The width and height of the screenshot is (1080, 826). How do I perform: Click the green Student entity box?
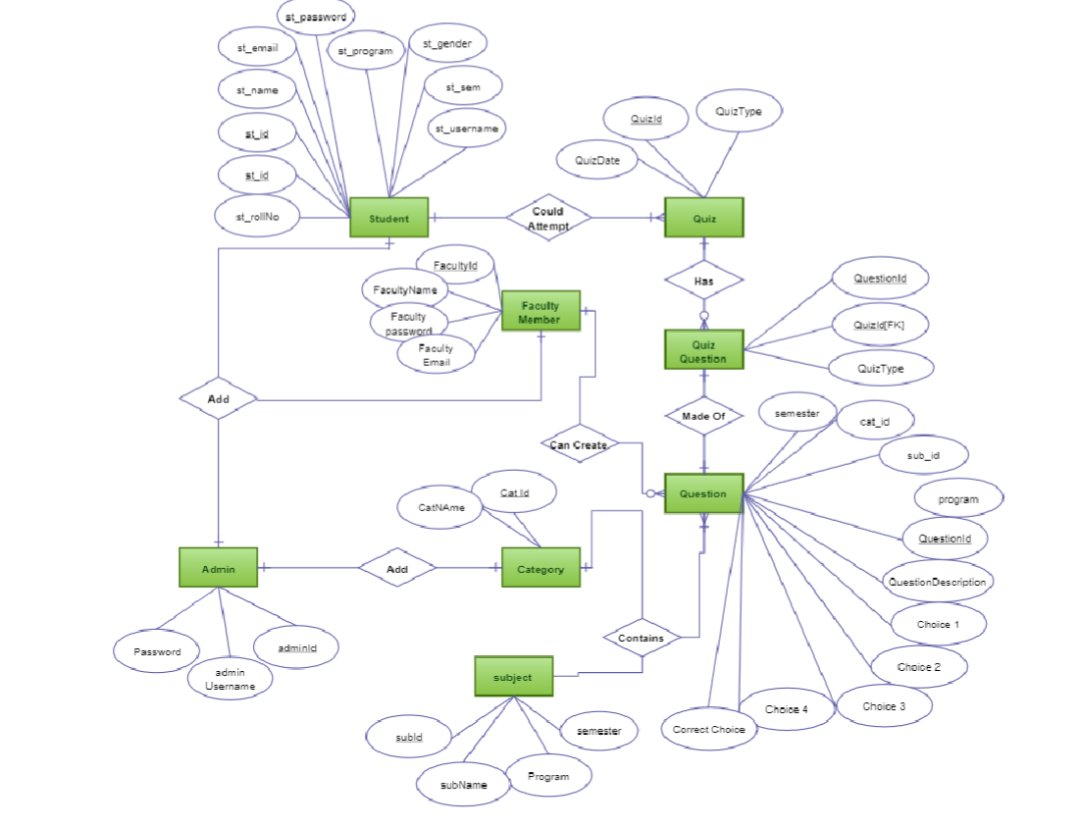click(x=389, y=218)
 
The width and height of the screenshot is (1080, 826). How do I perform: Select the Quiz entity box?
click(x=703, y=218)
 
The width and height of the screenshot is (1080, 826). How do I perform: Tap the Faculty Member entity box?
click(x=540, y=311)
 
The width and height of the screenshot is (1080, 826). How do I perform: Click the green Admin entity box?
click(x=218, y=568)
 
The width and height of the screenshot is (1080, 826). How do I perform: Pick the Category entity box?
click(x=540, y=568)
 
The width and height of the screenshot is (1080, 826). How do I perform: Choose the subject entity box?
click(x=513, y=677)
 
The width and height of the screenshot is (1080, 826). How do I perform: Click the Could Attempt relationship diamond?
click(x=547, y=218)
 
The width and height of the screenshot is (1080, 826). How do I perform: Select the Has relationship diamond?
click(x=703, y=281)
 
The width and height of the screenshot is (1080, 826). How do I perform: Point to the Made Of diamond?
click(x=703, y=416)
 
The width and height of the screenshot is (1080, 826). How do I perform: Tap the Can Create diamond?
click(x=579, y=444)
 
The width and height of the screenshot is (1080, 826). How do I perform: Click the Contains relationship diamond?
click(x=642, y=638)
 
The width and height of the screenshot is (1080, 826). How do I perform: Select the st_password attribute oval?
click(x=315, y=17)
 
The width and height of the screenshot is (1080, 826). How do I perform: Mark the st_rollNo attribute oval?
click(x=257, y=216)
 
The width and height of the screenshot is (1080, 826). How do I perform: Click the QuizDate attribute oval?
click(x=597, y=160)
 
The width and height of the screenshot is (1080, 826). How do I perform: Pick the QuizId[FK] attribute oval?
click(x=879, y=325)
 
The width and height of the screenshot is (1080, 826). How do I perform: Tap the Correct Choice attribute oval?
click(x=708, y=729)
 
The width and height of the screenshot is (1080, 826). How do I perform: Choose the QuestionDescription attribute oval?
click(x=937, y=582)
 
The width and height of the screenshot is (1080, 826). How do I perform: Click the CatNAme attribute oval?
click(x=440, y=508)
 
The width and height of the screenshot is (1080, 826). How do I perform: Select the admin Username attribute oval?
click(x=230, y=679)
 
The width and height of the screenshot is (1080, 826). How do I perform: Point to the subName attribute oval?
click(x=463, y=785)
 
